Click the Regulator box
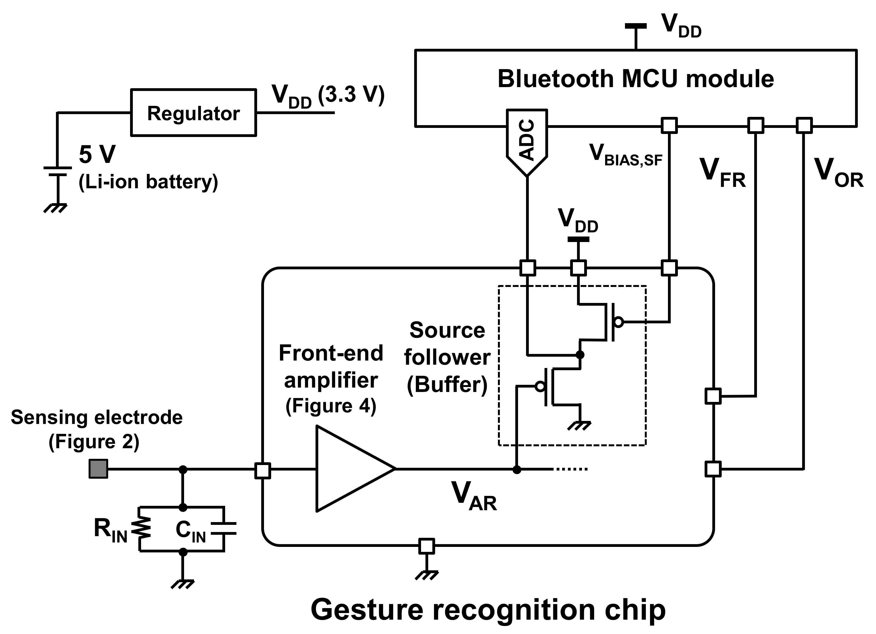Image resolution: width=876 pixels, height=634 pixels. pyautogui.click(x=193, y=113)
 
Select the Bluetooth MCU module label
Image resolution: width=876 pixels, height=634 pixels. pyautogui.click(x=635, y=79)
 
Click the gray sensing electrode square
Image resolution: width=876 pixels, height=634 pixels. pyautogui.click(x=98, y=469)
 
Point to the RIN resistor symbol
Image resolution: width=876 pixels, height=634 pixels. pyautogui.click(x=141, y=528)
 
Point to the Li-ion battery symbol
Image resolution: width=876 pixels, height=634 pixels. pyautogui.click(x=57, y=171)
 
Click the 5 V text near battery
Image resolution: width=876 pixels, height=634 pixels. pyautogui.click(x=97, y=155)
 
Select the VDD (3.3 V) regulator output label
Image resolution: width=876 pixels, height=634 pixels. pyautogui.click(x=328, y=95)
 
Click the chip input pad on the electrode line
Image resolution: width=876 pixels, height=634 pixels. pyautogui.click(x=263, y=471)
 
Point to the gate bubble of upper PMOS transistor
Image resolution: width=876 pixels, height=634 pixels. pyautogui.click(x=618, y=322)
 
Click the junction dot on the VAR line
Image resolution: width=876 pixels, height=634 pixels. pyautogui.click(x=516, y=469)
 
